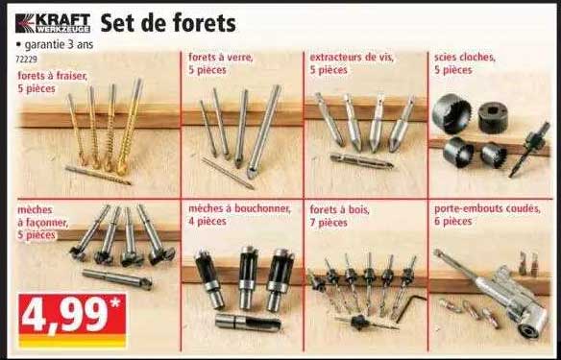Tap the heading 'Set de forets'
[x=168, y=22]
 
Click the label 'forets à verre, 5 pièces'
[x=221, y=63]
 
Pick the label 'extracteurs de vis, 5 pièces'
[x=352, y=63]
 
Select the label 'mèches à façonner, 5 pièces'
[x=42, y=220]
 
